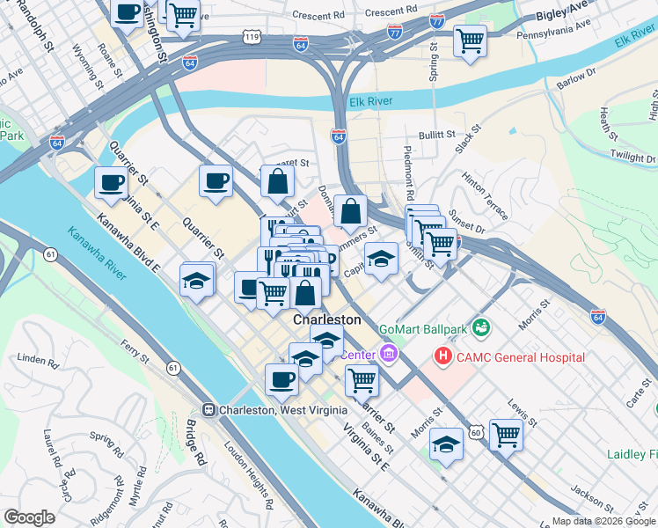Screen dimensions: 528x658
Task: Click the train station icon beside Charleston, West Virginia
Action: [209, 409]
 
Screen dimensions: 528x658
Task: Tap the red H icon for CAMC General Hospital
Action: [443, 356]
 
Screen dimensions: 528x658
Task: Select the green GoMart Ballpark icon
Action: [481, 329]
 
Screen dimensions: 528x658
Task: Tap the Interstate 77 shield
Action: [436, 21]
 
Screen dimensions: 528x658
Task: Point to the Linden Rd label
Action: [36, 360]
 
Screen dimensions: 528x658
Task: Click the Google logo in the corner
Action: [29, 517]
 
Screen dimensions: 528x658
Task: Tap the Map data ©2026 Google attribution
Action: [603, 521]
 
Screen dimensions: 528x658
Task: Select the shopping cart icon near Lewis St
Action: [506, 433]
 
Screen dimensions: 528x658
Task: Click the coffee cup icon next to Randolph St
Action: [128, 12]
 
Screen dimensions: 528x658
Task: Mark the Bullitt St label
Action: [436, 136]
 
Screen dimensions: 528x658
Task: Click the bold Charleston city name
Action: [326, 319]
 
